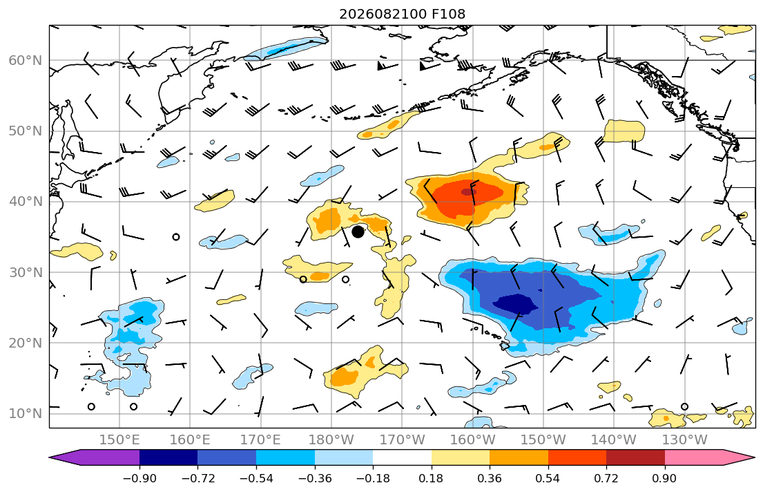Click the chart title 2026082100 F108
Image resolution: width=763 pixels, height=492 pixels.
point(402,14)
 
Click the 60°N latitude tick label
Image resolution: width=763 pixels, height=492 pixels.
point(26,60)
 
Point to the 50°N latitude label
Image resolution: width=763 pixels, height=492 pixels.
point(26,131)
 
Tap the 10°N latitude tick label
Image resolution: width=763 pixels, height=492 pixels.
point(26,414)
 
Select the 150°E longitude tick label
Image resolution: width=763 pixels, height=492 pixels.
point(119,440)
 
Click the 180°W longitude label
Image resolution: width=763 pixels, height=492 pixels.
point(331,440)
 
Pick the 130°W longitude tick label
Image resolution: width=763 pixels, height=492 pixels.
point(685,440)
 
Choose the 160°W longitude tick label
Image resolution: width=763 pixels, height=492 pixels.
point(472,440)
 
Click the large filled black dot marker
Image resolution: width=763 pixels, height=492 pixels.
point(358,232)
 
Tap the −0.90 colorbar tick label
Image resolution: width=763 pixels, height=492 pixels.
point(139,478)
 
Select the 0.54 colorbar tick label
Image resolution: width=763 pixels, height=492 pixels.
point(548,478)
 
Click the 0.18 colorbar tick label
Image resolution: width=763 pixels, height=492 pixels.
point(431,478)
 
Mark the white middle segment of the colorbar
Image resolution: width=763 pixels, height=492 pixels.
point(402,457)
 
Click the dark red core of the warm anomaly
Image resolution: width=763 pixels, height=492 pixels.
point(469,191)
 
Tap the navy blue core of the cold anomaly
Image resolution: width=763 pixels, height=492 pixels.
point(515,304)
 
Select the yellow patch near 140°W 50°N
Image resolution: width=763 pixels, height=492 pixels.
point(624,131)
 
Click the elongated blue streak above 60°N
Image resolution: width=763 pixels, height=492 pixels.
point(286,48)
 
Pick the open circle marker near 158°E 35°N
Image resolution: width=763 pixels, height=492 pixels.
point(176,237)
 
